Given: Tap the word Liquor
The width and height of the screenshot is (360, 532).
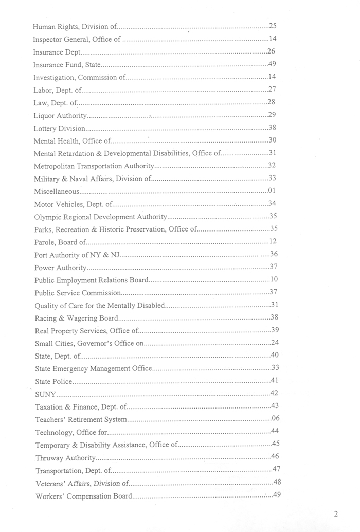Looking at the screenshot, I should coord(45,115).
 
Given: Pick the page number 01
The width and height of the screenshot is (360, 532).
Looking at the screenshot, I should coord(273,190).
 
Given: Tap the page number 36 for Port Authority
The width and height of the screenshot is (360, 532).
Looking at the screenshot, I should coord(274,254).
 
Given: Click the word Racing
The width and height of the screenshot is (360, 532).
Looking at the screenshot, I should coord(46,318).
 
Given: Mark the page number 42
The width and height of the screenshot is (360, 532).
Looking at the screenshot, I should coord(275,394).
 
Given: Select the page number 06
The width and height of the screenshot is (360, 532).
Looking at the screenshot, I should coord(275,419).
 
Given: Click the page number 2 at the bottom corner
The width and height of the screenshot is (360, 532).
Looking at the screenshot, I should coord(336,513).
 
